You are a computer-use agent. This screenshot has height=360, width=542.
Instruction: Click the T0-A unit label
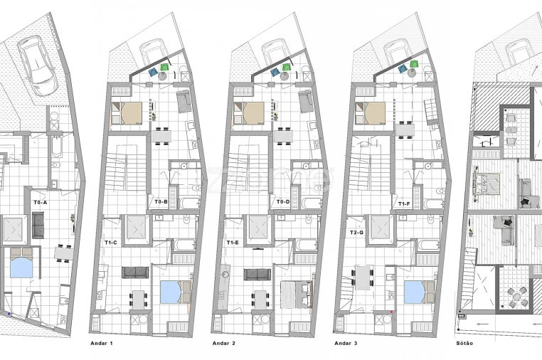click(40, 202)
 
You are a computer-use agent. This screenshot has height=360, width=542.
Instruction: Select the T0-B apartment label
click(161, 202)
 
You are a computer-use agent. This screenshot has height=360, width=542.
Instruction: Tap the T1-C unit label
click(110, 243)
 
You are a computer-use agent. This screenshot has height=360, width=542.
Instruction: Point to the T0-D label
click(282, 202)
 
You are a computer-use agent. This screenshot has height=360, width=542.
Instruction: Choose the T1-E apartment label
click(232, 243)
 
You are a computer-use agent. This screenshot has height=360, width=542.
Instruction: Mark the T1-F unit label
click(404, 203)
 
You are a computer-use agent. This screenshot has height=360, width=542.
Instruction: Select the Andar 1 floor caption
click(102, 343)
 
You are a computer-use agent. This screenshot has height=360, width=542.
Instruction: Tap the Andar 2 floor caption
click(224, 343)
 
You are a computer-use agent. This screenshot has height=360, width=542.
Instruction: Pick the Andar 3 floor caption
click(346, 343)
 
